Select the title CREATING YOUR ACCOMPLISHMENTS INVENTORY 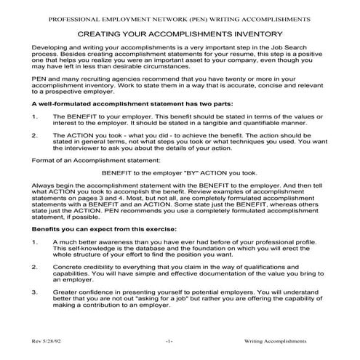[180, 33]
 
